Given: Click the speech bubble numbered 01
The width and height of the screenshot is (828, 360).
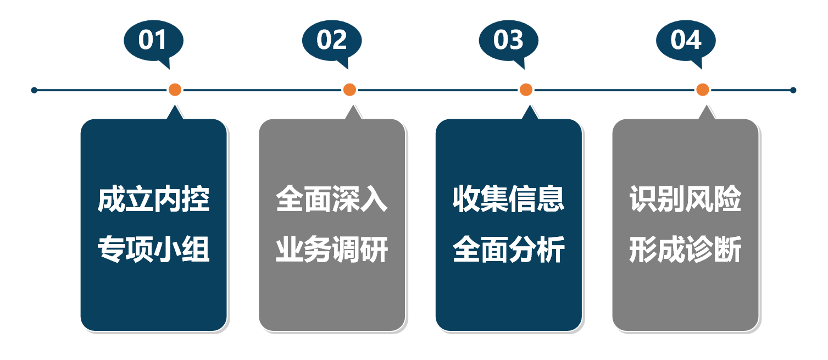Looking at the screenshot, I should tap(153, 40).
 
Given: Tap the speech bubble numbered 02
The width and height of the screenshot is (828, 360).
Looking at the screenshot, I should tap(331, 40).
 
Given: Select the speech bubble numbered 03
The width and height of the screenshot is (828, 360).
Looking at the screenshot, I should tap(508, 40).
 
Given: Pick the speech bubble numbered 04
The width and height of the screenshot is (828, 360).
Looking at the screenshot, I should tap(686, 40).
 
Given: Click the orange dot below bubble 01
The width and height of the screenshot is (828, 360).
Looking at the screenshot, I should tap(175, 90).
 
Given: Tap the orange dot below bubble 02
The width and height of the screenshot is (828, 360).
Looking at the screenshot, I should tap(349, 90).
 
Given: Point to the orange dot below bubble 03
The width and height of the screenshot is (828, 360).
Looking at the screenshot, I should tap(526, 90).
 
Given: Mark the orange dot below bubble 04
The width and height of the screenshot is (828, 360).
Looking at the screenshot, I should tap(702, 90).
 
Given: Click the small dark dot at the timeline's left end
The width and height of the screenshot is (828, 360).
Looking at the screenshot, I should tap(34, 90).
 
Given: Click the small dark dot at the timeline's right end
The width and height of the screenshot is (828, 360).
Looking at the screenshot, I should tap(793, 90).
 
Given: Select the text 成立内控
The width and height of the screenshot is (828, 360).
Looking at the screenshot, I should tap(154, 200).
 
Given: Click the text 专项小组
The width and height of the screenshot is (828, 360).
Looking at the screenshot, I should tap(154, 251).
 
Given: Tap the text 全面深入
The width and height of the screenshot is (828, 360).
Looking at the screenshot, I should tap(332, 200).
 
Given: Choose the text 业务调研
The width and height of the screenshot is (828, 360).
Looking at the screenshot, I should tap(332, 251).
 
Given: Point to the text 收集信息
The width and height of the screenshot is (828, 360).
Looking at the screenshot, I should tap(509, 200).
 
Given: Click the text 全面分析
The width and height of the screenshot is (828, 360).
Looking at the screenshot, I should tap(509, 251).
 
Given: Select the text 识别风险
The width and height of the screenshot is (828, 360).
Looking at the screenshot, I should tap(686, 200).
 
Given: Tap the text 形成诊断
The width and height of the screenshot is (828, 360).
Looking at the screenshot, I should tap(686, 251).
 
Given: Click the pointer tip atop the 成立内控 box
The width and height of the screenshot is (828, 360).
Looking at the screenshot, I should tap(175, 108).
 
